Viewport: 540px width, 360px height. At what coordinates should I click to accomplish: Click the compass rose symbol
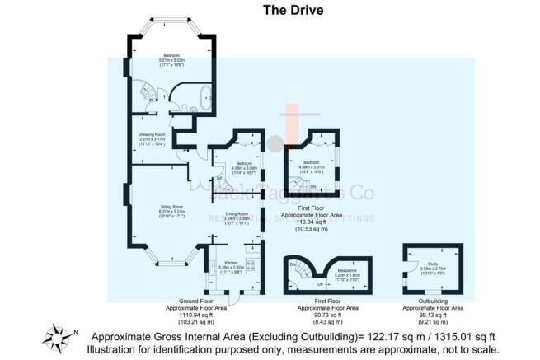[x=59, y=336]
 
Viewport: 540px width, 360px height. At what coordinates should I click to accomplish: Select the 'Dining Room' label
[x=237, y=218]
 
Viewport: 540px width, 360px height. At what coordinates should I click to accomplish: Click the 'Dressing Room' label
[x=151, y=135]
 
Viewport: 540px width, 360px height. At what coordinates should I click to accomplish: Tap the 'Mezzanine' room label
[x=345, y=271]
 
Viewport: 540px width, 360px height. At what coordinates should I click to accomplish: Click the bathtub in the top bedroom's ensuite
[x=203, y=96]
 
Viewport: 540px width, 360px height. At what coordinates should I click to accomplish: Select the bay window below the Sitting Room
[x=170, y=263]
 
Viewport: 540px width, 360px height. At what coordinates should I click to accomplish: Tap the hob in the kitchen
[x=257, y=266]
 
